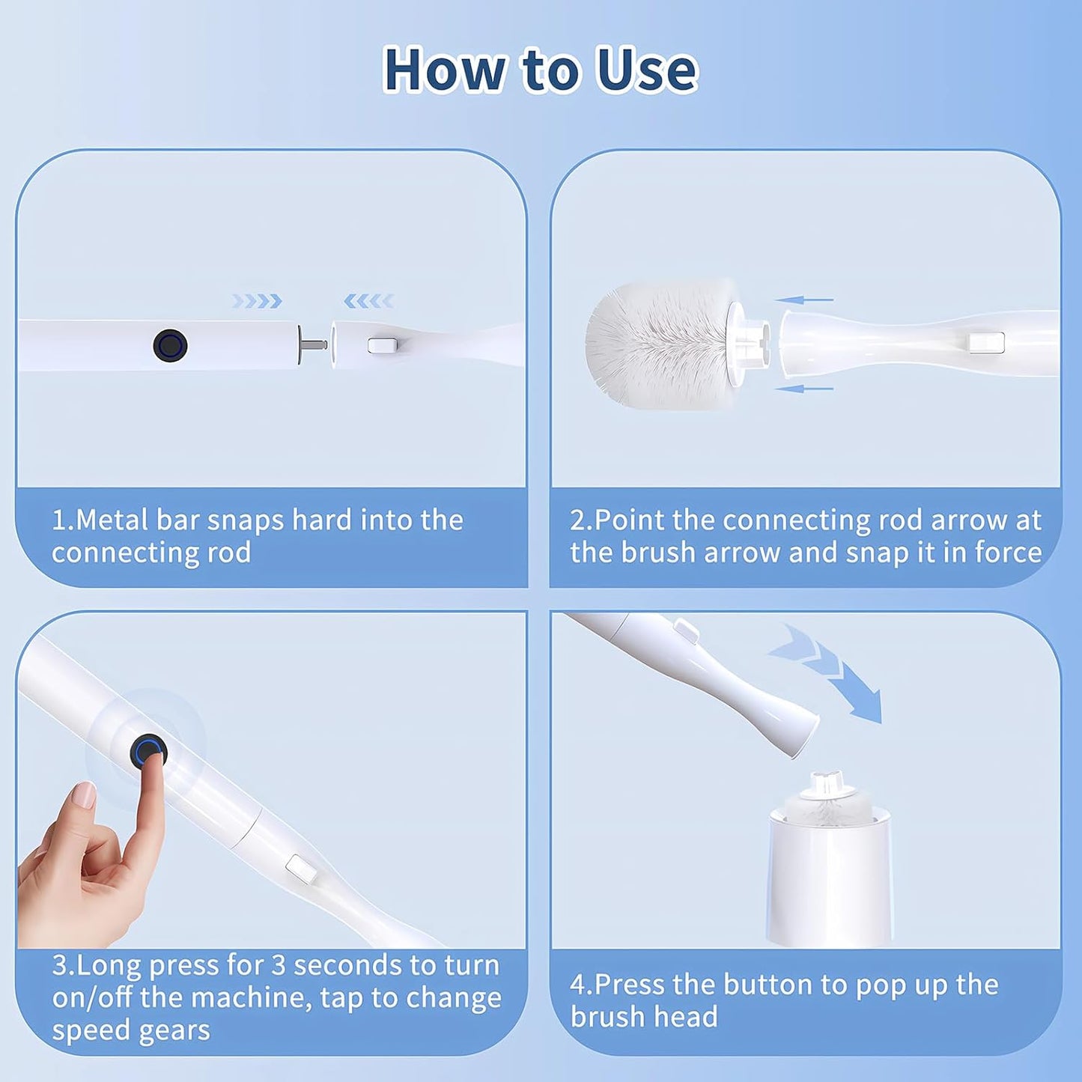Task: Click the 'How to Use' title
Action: click(x=540, y=70)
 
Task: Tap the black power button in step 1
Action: click(x=170, y=345)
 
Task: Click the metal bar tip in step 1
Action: click(x=314, y=345)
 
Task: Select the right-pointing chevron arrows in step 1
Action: click(x=257, y=301)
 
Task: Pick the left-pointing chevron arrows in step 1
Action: click(x=368, y=301)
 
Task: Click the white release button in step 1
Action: click(x=382, y=345)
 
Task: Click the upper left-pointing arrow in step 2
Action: click(x=804, y=300)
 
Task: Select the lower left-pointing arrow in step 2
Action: click(x=804, y=389)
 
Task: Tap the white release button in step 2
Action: click(x=986, y=343)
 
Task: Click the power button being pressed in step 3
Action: click(x=148, y=750)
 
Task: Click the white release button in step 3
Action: click(x=300, y=869)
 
